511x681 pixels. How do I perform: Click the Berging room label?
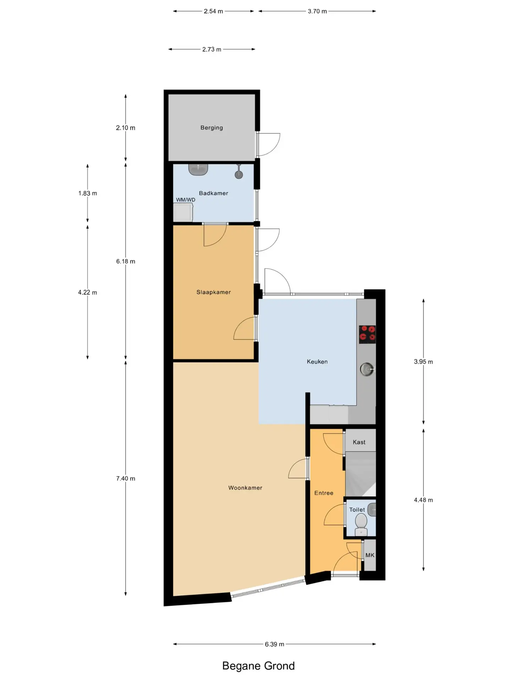click(x=211, y=128)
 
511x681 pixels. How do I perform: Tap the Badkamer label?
click(x=213, y=193)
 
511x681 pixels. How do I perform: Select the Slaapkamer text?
click(x=214, y=292)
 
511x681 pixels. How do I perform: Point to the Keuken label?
click(x=317, y=362)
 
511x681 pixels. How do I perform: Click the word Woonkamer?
click(x=245, y=488)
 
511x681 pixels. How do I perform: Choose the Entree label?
click(x=324, y=493)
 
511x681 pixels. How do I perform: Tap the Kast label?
click(x=359, y=442)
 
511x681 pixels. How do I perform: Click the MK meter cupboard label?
click(x=370, y=555)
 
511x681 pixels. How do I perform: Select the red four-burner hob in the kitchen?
click(x=367, y=334)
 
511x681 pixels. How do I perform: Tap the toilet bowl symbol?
click(x=361, y=524)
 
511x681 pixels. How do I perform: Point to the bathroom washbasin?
click(x=198, y=170)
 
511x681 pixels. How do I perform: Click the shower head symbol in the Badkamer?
click(x=239, y=172)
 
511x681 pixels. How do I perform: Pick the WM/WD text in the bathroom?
click(x=186, y=200)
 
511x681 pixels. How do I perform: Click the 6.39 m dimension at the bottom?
click(x=274, y=644)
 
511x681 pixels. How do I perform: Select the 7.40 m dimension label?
click(x=126, y=478)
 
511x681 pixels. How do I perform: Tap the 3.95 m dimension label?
click(x=423, y=362)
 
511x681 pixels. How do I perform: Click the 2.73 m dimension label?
click(x=212, y=49)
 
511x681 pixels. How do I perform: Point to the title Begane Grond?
click(x=258, y=666)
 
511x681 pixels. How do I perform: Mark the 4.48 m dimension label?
click(x=423, y=500)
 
